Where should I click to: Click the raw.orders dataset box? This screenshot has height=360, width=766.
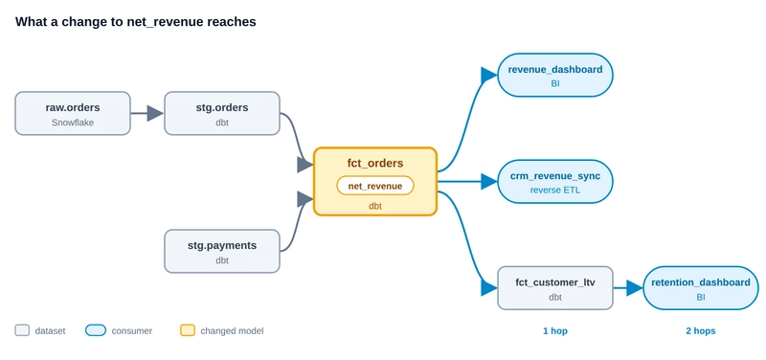[x=73, y=113]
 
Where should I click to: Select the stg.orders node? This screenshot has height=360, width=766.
[x=222, y=113]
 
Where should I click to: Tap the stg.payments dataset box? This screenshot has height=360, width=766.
[x=222, y=251]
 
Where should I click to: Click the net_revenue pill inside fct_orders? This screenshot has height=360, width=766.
[x=375, y=186]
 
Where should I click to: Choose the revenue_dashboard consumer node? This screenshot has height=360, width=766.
[x=555, y=75]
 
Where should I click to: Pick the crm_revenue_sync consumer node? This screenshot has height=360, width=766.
[x=555, y=182]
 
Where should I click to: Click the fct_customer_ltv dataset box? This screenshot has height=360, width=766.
[x=555, y=287]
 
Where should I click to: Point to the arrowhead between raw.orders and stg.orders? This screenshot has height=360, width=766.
[x=155, y=113]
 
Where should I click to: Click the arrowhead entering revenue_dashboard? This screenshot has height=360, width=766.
[x=489, y=75]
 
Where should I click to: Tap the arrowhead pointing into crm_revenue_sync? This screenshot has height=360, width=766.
[x=489, y=182]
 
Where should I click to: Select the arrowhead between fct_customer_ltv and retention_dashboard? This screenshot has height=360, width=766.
[x=635, y=287]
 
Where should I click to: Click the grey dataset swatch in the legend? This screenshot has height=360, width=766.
[x=22, y=330]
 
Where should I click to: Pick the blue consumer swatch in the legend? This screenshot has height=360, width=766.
[x=95, y=330]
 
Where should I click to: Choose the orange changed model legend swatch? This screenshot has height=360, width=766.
[x=188, y=330]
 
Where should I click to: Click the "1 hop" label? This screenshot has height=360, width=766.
[x=555, y=331]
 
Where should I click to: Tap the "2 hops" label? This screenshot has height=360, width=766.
[x=701, y=331]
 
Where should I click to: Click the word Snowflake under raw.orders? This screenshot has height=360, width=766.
[x=73, y=123]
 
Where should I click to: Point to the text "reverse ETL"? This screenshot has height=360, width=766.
[x=555, y=190]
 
